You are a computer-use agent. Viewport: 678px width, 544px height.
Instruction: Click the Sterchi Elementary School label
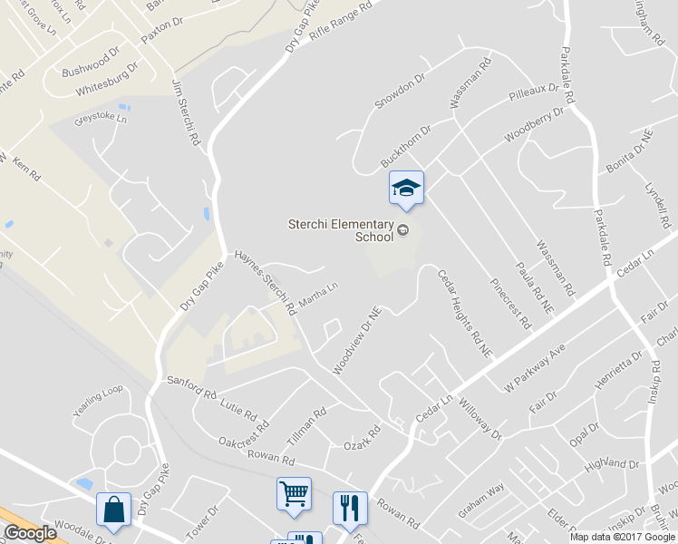(x=341, y=230)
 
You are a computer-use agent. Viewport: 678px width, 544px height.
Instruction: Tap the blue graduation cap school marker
(x=406, y=188)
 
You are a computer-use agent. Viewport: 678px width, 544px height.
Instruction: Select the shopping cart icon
(x=294, y=494)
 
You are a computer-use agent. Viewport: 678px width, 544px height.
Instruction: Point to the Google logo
(x=30, y=533)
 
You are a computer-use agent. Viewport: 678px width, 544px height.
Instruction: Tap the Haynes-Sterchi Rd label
(x=266, y=282)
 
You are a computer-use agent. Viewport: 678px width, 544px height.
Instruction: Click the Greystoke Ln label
(x=101, y=118)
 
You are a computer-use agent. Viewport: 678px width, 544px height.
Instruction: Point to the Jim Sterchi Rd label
(x=185, y=113)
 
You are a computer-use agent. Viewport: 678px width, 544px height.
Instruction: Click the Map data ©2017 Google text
(x=622, y=536)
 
